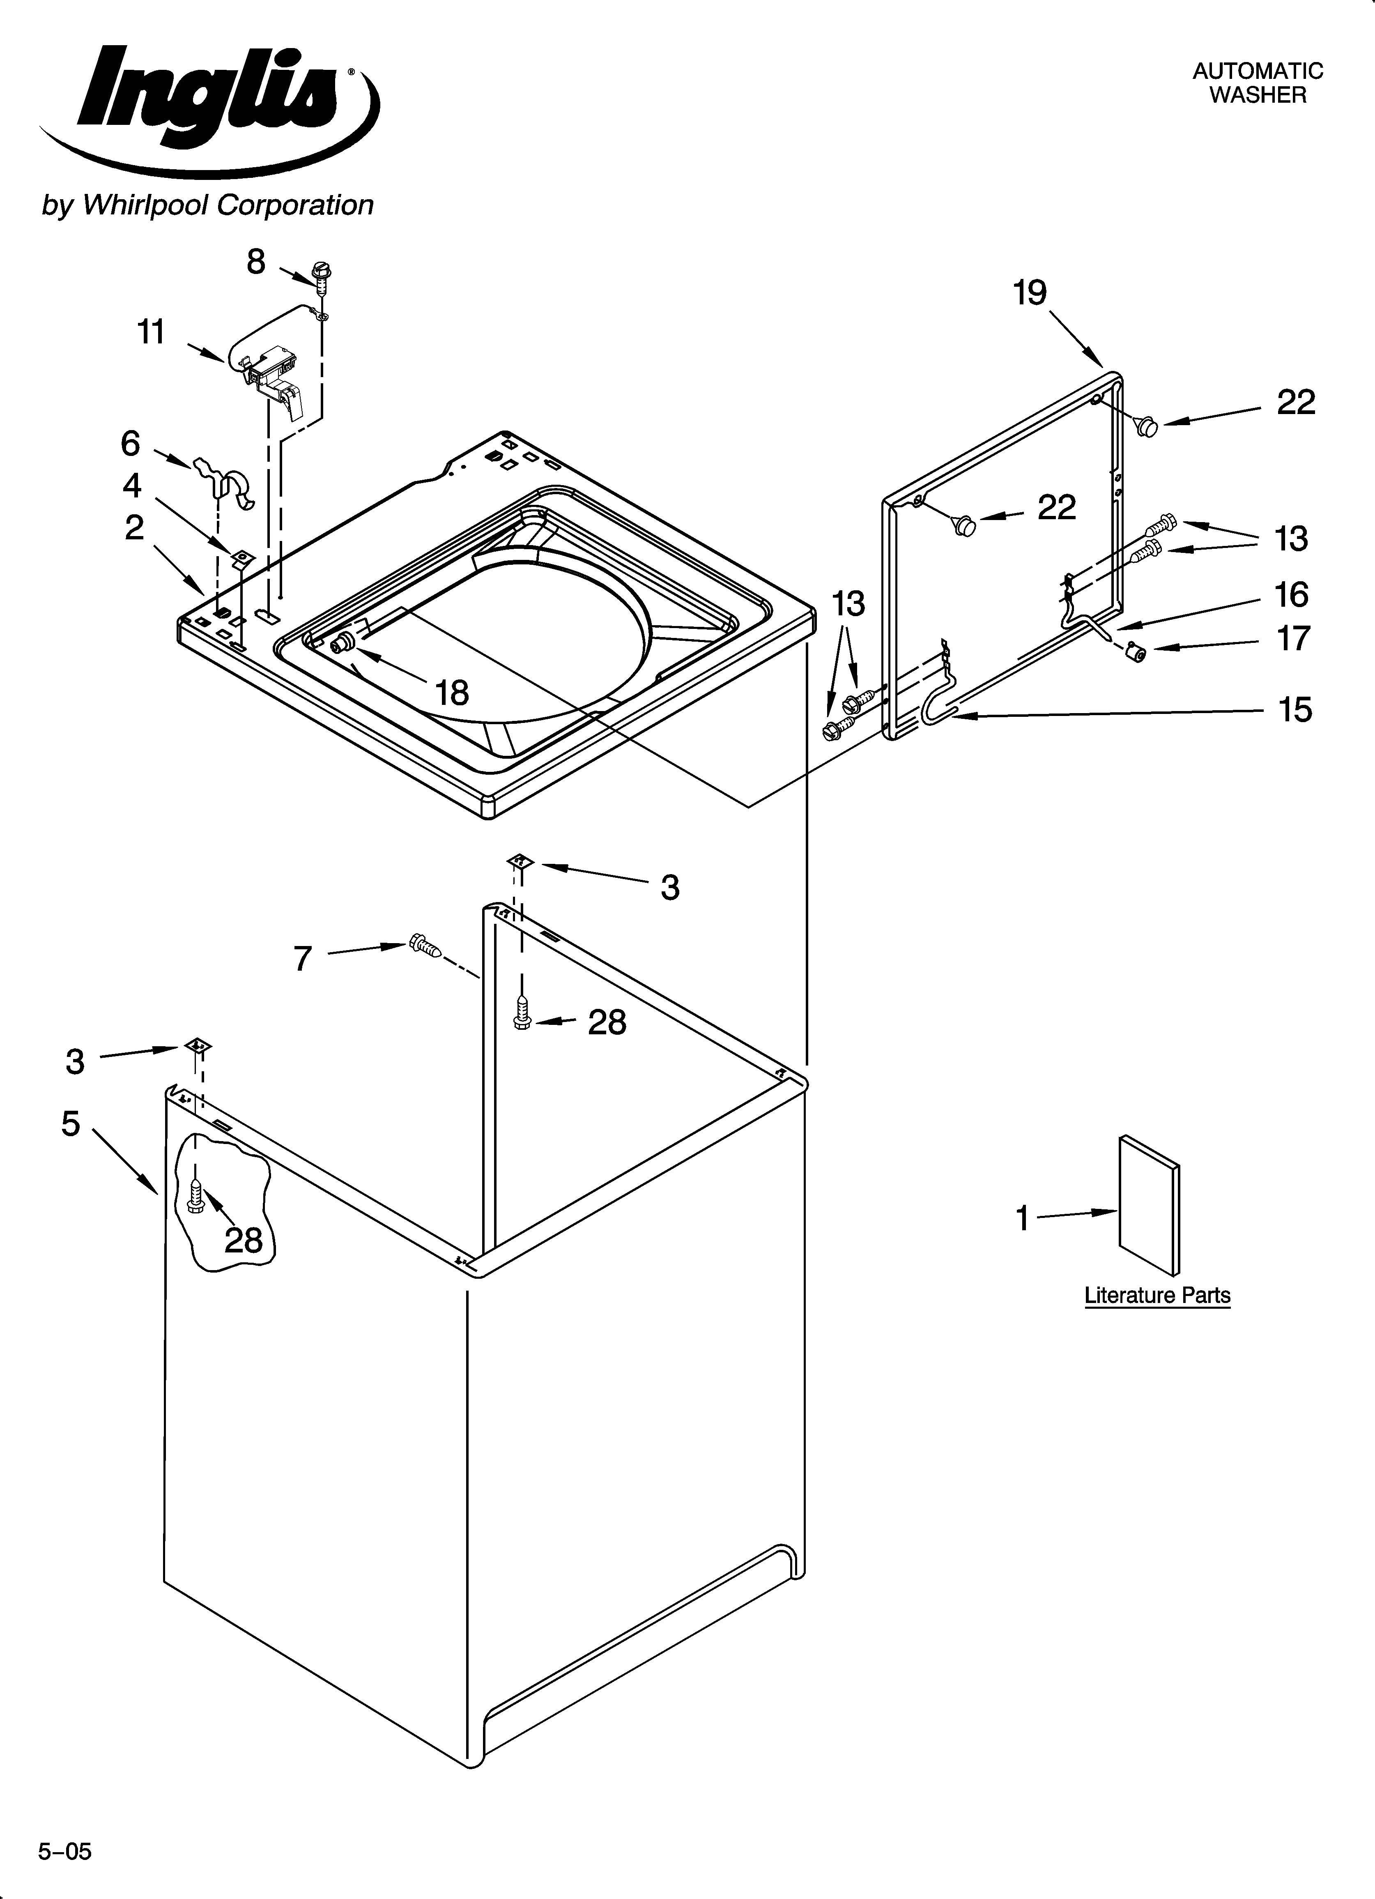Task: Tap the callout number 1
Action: point(1022,1218)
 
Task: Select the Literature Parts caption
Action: point(1157,1295)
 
